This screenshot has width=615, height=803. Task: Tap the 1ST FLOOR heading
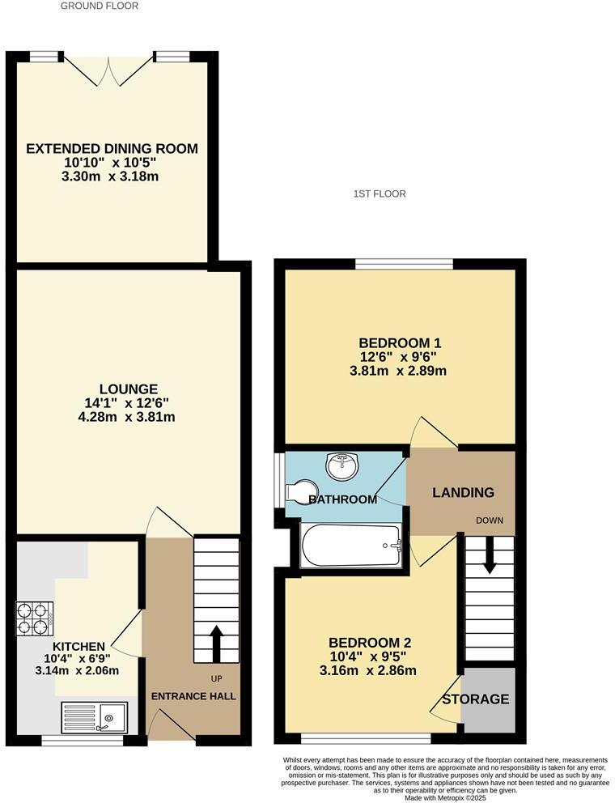point(380,193)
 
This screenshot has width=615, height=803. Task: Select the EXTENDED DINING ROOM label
point(112,149)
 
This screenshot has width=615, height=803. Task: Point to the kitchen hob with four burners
point(34,618)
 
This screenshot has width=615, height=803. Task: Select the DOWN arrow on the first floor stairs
point(489,559)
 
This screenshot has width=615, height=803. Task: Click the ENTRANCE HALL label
point(194,696)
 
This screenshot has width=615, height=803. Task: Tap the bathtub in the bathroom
point(351,546)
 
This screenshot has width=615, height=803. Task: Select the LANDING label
point(463,492)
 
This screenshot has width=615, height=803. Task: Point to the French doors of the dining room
point(108,70)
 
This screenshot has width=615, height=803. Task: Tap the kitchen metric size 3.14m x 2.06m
point(77,670)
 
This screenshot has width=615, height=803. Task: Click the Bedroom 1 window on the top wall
point(404,264)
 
